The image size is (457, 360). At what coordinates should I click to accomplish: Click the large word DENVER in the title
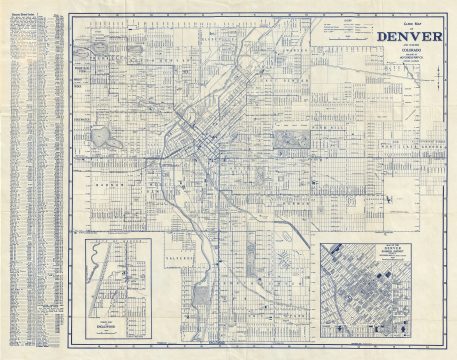point(408,39)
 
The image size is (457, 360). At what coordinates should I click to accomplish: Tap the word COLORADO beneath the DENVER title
point(408,55)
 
